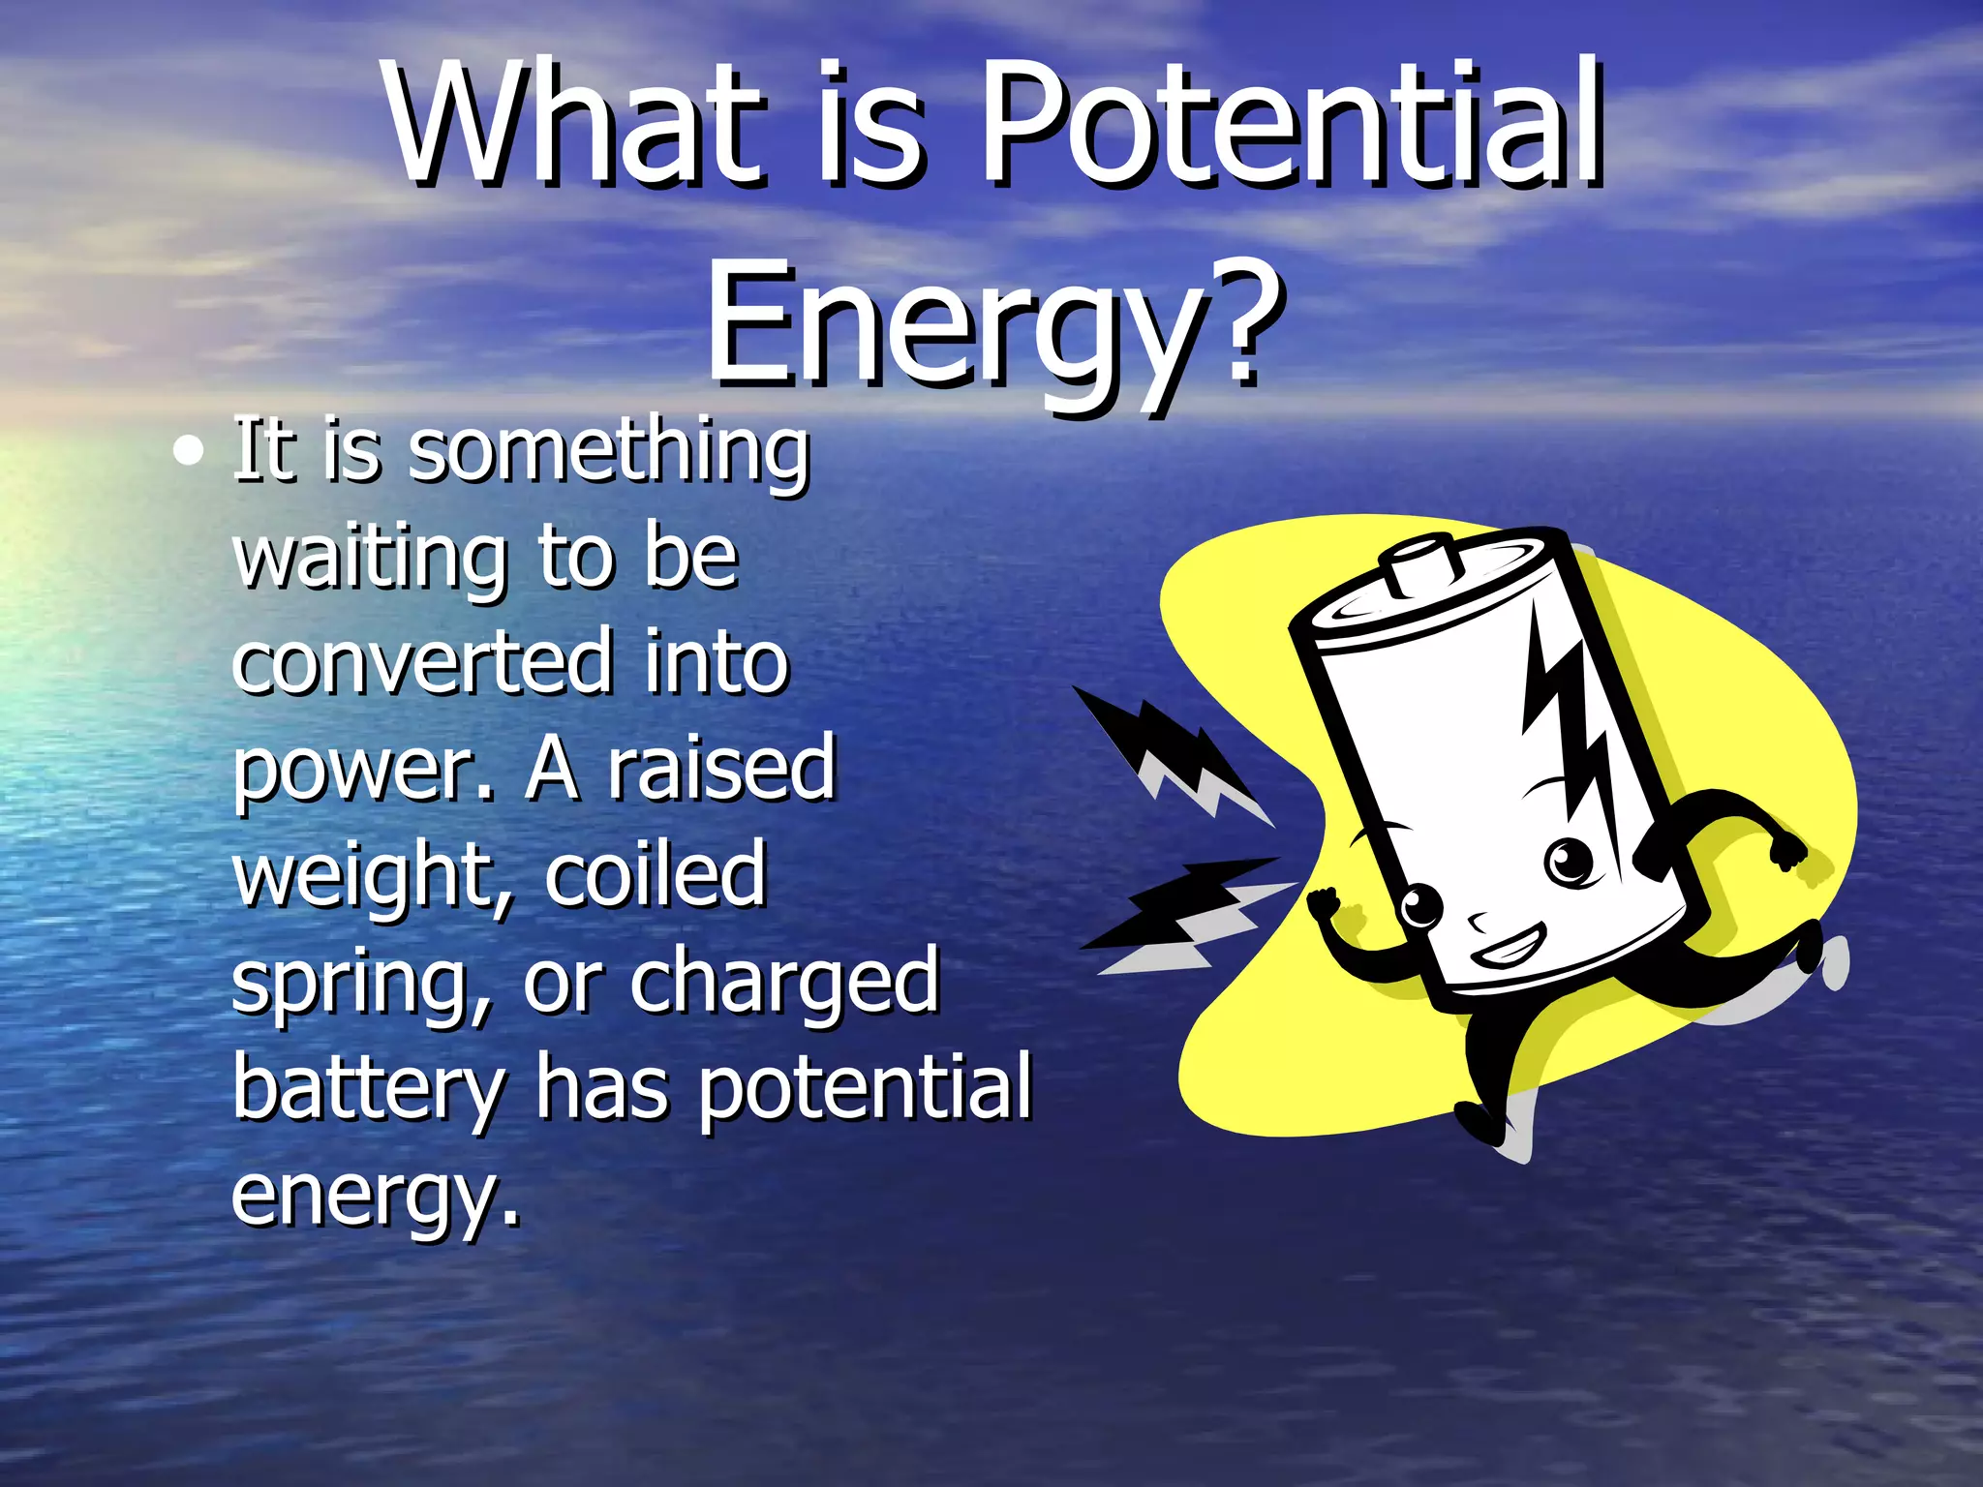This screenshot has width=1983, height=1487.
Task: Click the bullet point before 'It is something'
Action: pos(188,452)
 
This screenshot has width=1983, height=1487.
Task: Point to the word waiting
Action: pos(369,559)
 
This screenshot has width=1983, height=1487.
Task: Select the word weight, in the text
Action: pos(373,876)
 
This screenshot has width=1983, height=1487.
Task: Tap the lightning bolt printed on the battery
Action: pos(1569,726)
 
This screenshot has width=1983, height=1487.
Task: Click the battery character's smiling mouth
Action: pos(1508,947)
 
